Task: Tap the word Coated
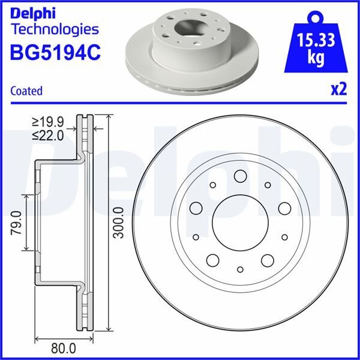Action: click(26, 91)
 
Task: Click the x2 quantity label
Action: click(339, 89)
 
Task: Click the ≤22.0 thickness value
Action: click(49, 136)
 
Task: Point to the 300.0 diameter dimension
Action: click(118, 223)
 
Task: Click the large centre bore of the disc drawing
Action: click(239, 223)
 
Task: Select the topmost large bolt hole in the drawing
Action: click(239, 176)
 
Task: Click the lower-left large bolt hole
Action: click(212, 260)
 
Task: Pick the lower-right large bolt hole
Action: click(267, 260)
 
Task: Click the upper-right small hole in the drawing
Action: click(268, 185)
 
